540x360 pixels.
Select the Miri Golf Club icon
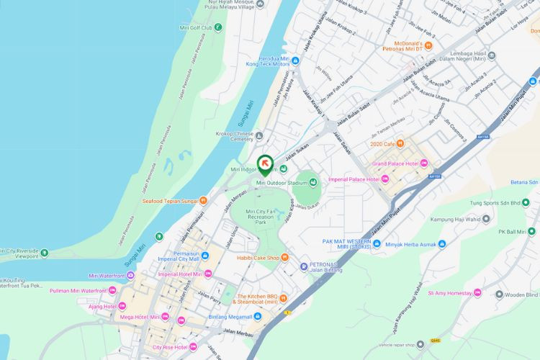coord(218,27)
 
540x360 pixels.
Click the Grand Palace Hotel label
coord(394,163)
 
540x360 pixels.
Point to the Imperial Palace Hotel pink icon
coord(385,179)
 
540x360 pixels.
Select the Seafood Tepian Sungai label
coord(169,201)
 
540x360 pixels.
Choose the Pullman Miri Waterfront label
coord(78,290)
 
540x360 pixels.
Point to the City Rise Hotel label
coord(170,347)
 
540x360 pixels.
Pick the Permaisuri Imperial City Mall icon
coord(206,255)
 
